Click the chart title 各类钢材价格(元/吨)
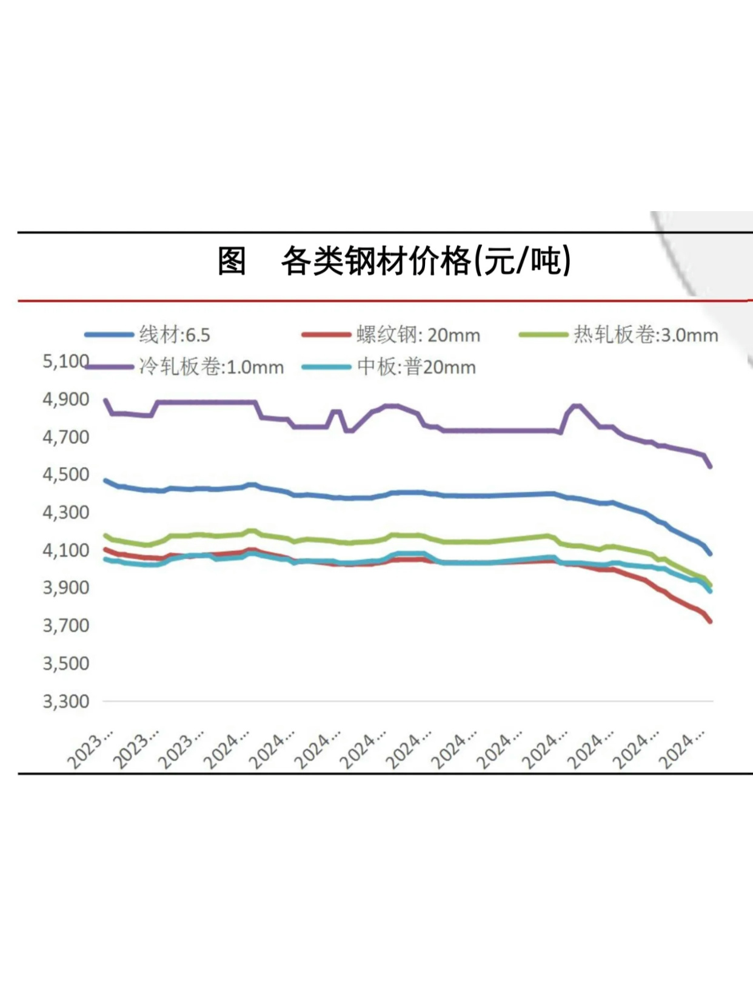click(426, 261)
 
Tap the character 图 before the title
click(232, 261)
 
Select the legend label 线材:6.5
click(175, 335)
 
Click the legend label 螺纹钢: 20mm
click(418, 335)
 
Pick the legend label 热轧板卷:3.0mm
click(646, 335)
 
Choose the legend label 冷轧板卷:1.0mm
click(211, 367)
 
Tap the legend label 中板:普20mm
click(417, 367)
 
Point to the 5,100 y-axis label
click(65, 362)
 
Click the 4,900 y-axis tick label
click(65, 399)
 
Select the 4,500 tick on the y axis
click(65, 474)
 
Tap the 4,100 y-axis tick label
click(65, 550)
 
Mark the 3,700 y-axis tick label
click(65, 625)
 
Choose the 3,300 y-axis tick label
click(65, 701)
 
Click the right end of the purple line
click(709, 466)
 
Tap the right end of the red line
click(709, 621)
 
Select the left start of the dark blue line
click(106, 480)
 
